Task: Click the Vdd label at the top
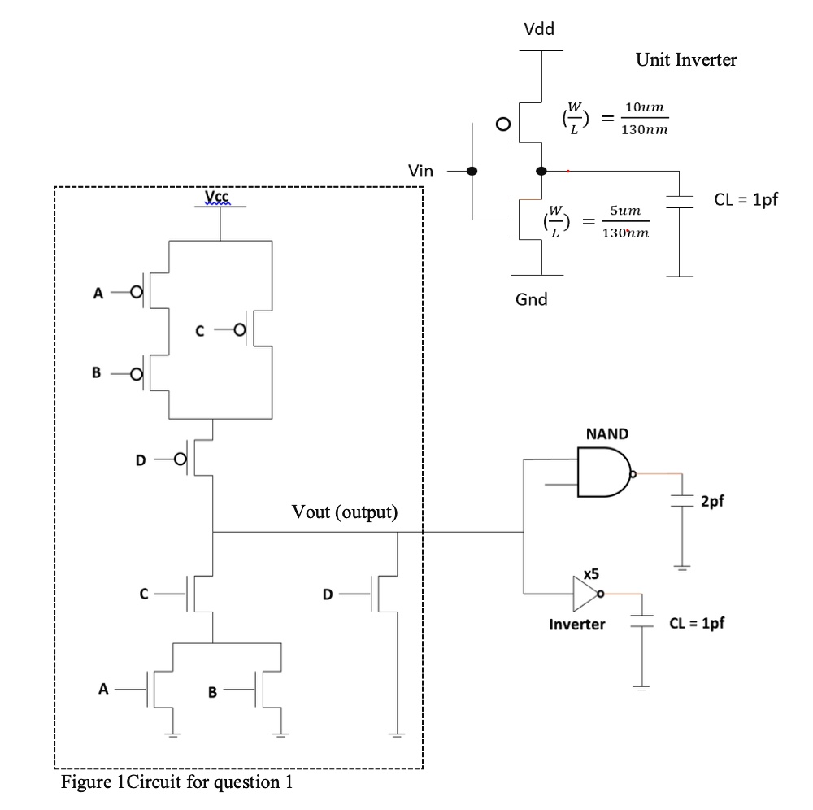click(539, 30)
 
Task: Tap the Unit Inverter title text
click(686, 60)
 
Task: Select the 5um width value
click(624, 211)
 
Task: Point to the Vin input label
click(420, 171)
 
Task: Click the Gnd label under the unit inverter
click(532, 299)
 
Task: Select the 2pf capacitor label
click(711, 501)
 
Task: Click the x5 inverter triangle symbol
click(585, 594)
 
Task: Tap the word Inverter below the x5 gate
click(577, 625)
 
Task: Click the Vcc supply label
click(217, 196)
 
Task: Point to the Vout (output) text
click(345, 512)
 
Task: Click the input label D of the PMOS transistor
click(141, 460)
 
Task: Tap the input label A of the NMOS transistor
click(103, 690)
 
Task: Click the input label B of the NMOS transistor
click(213, 693)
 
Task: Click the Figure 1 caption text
click(176, 783)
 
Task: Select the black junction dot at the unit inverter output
click(541, 172)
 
